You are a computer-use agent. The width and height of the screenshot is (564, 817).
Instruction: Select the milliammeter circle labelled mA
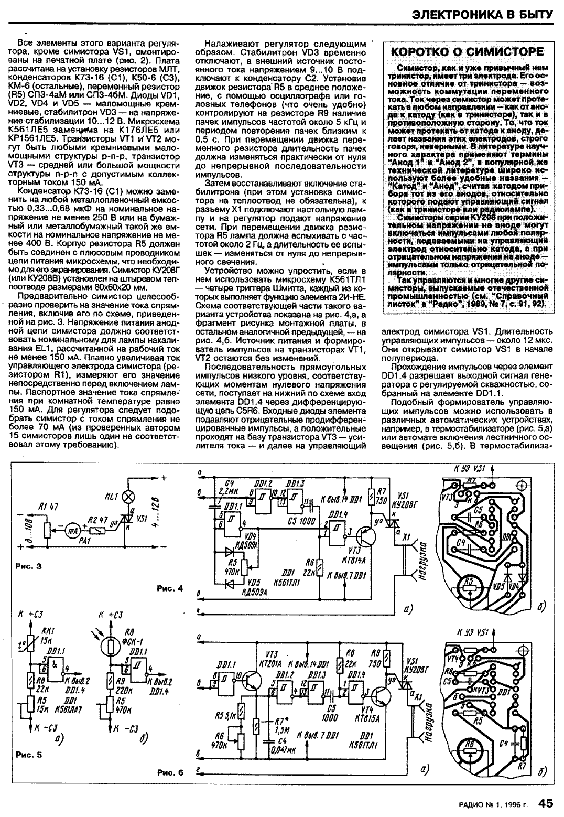click(71, 532)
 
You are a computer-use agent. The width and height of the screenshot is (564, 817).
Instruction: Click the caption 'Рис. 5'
click(28, 755)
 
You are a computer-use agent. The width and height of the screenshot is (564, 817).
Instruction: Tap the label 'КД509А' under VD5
click(255, 592)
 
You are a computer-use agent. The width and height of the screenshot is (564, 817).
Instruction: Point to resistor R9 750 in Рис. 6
click(386, 658)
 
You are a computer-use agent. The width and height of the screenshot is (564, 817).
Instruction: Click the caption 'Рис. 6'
click(170, 772)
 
